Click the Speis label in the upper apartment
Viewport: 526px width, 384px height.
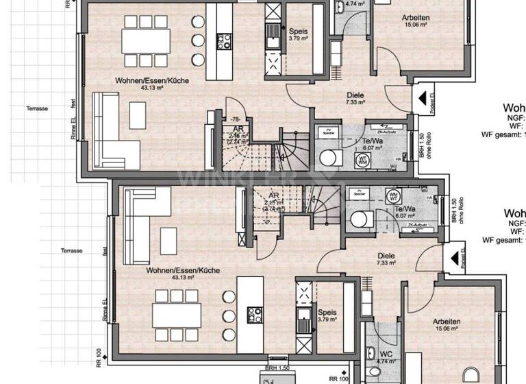click(x=297, y=32)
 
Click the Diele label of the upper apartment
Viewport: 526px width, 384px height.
click(x=355, y=96)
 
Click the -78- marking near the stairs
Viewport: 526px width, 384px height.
click(x=235, y=119)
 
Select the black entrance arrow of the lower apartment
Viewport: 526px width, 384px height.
click(x=453, y=259)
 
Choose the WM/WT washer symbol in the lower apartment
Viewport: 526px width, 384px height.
click(x=393, y=195)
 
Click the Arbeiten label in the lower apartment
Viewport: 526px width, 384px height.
click(x=445, y=322)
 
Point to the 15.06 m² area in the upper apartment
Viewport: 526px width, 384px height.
click(x=415, y=25)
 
